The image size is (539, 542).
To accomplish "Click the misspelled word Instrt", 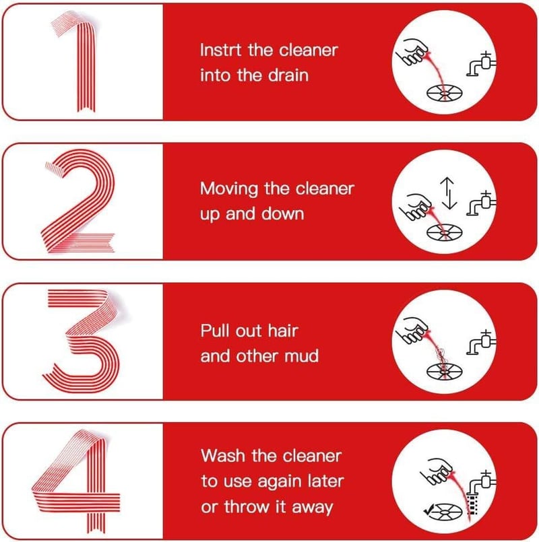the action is (221, 50).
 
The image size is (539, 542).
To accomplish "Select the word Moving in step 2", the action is (229, 189).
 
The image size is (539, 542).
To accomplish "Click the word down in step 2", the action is (283, 214).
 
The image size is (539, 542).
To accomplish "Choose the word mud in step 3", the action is (301, 356).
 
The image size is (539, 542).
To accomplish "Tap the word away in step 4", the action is (313, 508).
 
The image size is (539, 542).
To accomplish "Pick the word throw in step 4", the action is (247, 507).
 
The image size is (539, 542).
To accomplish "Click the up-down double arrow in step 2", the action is (449, 193).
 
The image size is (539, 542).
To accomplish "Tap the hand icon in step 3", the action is (412, 330).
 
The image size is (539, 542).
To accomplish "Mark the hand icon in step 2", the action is (415, 206).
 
